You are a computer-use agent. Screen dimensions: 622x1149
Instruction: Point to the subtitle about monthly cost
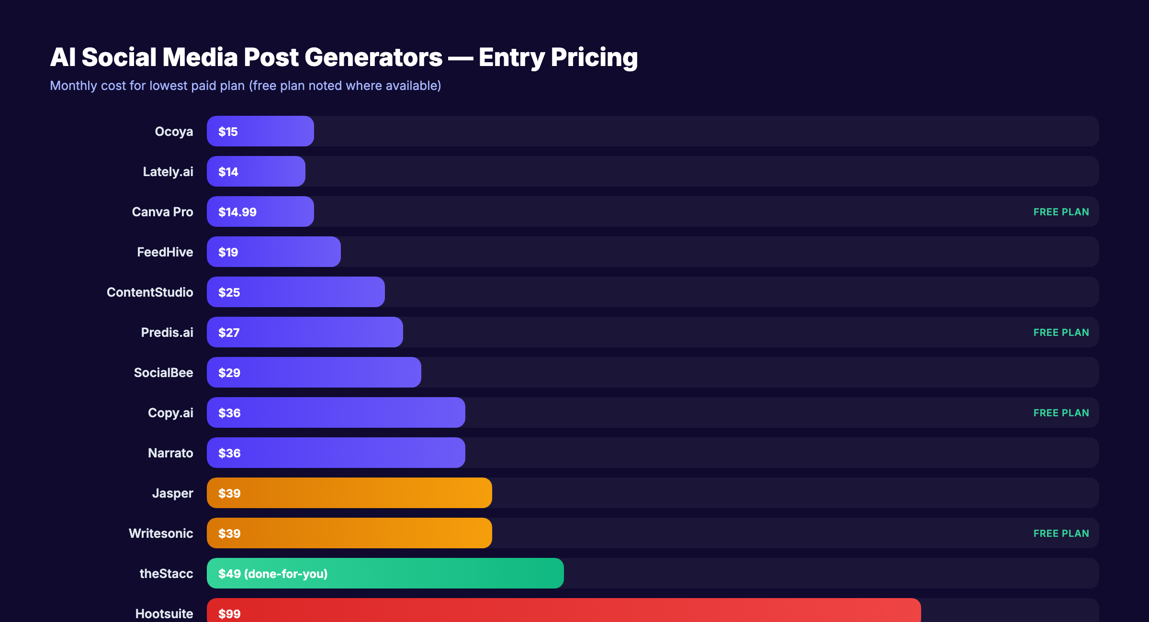[x=245, y=86]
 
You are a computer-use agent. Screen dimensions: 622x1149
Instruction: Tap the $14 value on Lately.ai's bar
[x=228, y=172]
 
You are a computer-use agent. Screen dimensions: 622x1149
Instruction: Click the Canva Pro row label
[x=162, y=212]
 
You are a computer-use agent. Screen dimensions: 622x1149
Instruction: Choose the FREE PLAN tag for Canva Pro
[x=1061, y=212]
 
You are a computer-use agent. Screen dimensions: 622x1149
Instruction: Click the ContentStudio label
[x=150, y=292]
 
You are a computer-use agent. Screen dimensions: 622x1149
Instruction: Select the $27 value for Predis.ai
[x=229, y=333]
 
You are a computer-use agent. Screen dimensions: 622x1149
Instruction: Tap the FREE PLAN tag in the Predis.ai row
[x=1061, y=333]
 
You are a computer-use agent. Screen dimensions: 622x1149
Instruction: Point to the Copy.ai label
[x=170, y=413]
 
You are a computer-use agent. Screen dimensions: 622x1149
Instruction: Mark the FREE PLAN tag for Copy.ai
[x=1061, y=413]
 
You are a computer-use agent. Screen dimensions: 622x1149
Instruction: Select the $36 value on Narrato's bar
[x=229, y=453]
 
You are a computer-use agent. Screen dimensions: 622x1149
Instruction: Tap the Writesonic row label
[x=161, y=533]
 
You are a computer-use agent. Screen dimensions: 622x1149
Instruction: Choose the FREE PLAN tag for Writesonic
[x=1061, y=533]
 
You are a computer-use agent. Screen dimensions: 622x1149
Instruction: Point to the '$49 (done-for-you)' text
[x=273, y=574]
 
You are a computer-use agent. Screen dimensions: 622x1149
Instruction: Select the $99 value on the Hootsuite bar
[x=229, y=613]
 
